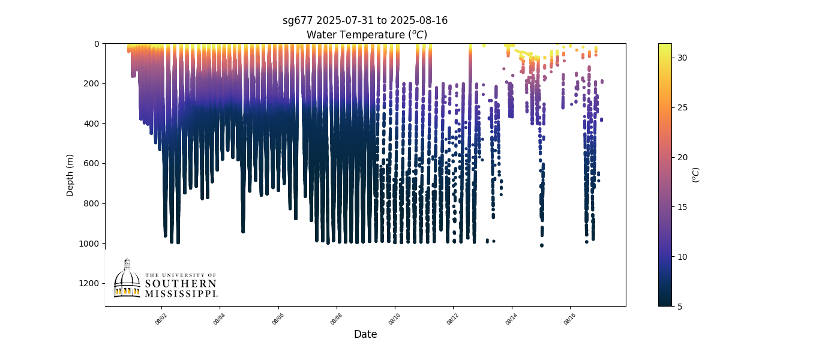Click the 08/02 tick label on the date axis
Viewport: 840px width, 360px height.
pyautogui.click(x=161, y=318)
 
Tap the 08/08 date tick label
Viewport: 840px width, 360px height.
pyautogui.click(x=337, y=318)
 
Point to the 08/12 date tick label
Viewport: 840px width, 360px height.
pyautogui.click(x=454, y=318)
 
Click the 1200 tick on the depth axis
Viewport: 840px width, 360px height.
pyautogui.click(x=89, y=283)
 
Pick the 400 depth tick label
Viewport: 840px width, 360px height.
pyautogui.click(x=92, y=124)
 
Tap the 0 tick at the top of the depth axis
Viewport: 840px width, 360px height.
pyautogui.click(x=97, y=44)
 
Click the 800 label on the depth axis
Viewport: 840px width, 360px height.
pyautogui.click(x=92, y=203)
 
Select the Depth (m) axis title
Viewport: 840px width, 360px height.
pyautogui.click(x=70, y=175)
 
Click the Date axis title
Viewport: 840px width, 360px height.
pyautogui.click(x=365, y=334)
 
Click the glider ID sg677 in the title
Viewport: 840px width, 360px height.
pyautogui.click(x=298, y=20)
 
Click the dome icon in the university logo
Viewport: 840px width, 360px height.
pyautogui.click(x=127, y=279)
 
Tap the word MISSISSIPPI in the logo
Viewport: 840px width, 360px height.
pyautogui.click(x=181, y=293)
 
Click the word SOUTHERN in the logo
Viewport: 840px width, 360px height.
pyautogui.click(x=181, y=284)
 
